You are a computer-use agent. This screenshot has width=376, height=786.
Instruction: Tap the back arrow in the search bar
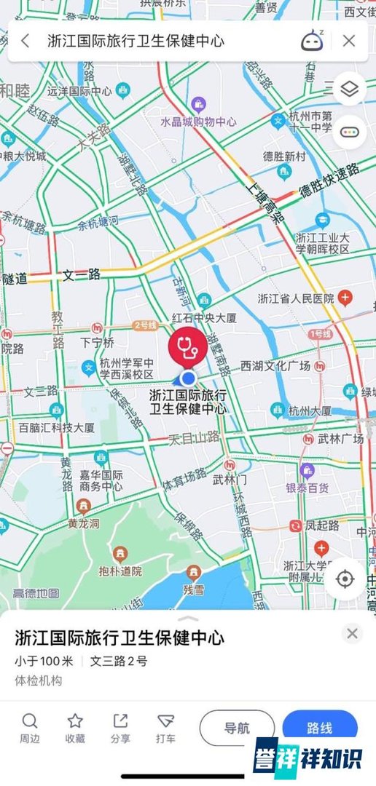coord(26,41)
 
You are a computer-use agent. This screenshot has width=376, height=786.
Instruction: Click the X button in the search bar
coord(349,41)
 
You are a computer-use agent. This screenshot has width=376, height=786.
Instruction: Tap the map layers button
coord(350,90)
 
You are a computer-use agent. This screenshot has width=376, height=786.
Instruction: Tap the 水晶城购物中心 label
coord(198,122)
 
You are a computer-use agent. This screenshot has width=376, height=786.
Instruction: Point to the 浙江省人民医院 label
coord(296,298)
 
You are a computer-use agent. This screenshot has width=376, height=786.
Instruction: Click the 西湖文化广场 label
coord(275,365)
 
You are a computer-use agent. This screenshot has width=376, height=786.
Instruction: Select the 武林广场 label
coord(340,439)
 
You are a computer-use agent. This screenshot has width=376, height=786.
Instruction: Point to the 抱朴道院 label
coord(120,571)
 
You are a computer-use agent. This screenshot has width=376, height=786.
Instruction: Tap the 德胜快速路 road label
coord(329,180)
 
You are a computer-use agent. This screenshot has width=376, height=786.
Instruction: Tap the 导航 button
coord(237,728)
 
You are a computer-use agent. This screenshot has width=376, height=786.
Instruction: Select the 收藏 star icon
coord(75,721)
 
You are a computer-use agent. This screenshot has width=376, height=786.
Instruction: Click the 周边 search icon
coord(30,721)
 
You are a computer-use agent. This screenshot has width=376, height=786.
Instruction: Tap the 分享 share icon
coord(120,721)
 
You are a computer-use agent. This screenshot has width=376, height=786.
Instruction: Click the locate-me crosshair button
coord(345,579)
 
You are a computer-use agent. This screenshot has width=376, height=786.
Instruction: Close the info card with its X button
coord(352,634)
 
